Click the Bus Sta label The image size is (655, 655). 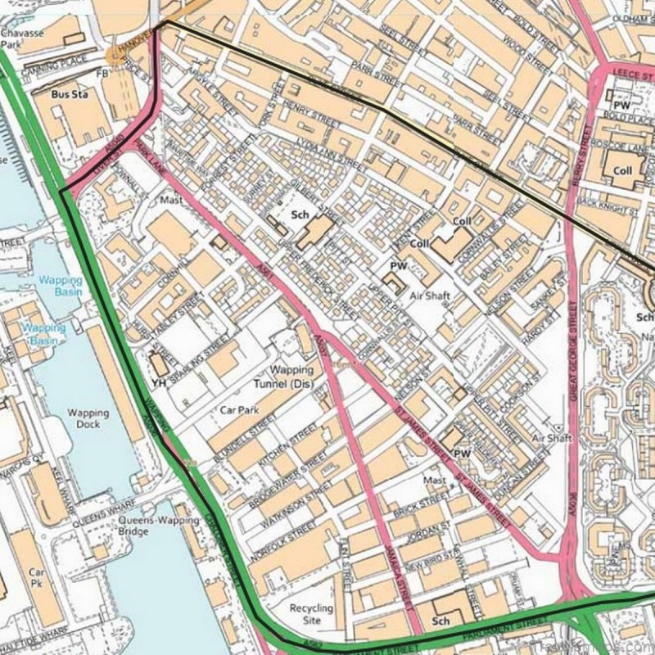(69, 94)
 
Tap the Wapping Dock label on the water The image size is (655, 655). (83, 418)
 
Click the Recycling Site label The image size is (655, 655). (311, 614)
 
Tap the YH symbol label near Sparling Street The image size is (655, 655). (158, 382)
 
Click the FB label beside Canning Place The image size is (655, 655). (103, 73)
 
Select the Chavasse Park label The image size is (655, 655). (20, 40)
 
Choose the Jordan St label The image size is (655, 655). (422, 531)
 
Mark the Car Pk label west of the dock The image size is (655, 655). (37, 578)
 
